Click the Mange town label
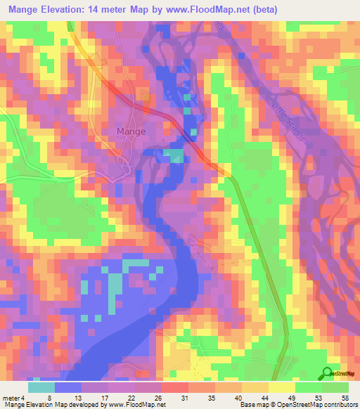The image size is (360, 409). coord(131,131)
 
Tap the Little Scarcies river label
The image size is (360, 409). coord(290,122)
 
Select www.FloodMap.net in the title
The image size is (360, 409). coord(214,10)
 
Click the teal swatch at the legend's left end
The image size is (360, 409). coord(41,387)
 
